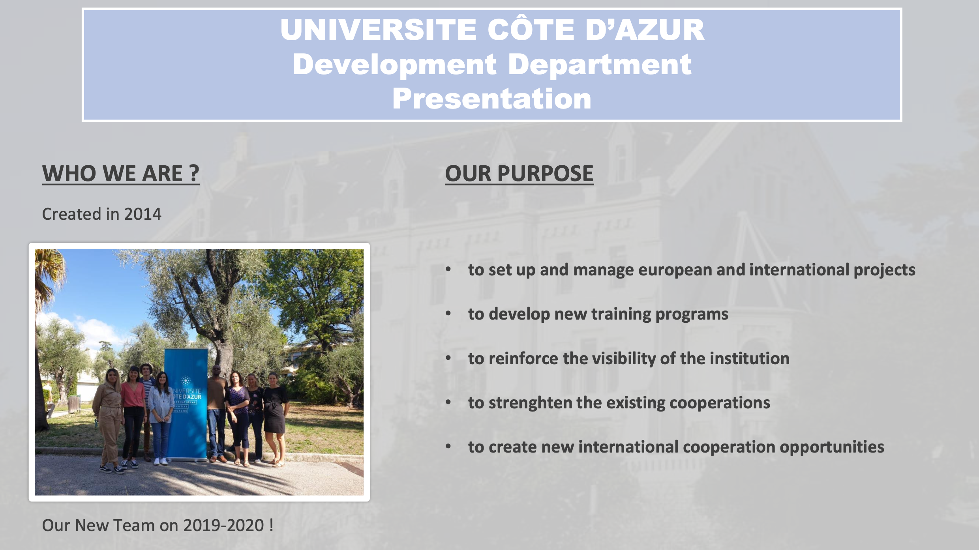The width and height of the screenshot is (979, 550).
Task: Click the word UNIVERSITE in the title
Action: pos(378,30)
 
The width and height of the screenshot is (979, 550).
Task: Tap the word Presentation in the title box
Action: pos(492,99)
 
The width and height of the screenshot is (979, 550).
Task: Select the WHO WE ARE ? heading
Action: pos(121,174)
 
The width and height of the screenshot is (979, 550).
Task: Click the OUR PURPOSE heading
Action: pos(519,174)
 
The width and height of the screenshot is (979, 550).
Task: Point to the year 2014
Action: pos(143,214)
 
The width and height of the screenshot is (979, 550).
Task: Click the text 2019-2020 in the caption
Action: pos(223,526)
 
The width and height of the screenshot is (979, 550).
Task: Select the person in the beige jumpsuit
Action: pos(108,420)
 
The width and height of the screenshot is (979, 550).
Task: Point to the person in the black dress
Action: pos(275,418)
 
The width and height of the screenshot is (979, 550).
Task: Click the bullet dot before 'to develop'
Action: pos(448,314)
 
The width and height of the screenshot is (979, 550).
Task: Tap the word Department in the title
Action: pos(600,65)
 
